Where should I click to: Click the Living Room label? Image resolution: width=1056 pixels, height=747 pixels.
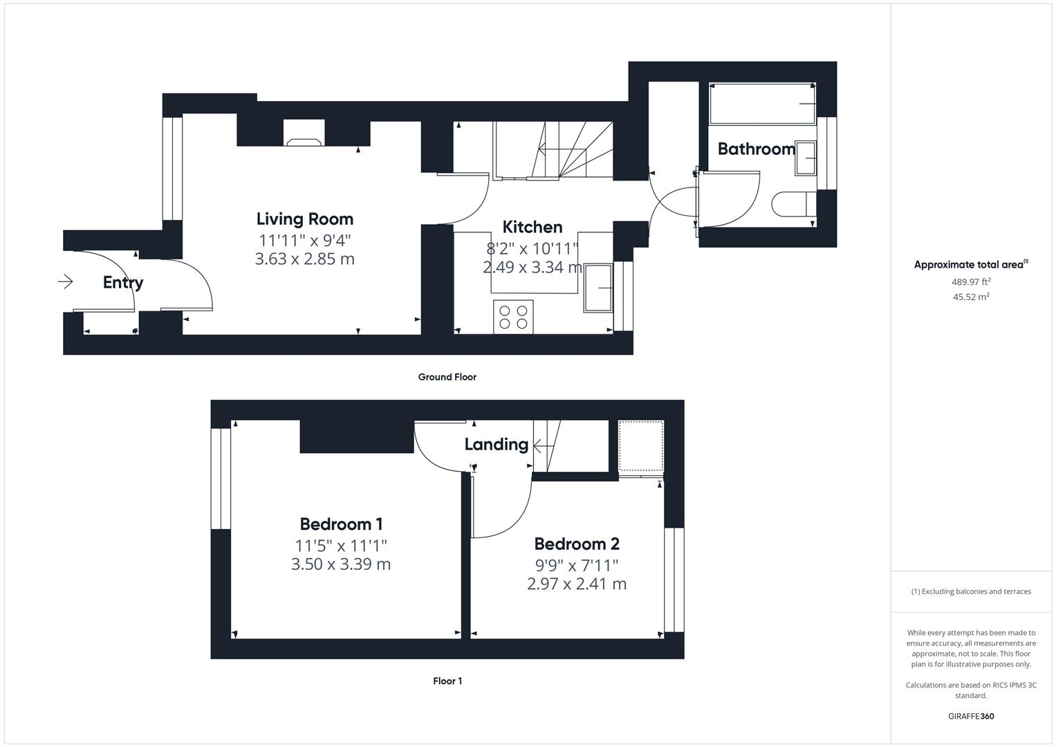304,219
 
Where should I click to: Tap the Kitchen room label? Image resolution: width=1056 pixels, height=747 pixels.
532,228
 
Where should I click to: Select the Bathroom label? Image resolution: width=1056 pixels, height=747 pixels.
756,149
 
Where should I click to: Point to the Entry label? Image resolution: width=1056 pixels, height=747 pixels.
123,282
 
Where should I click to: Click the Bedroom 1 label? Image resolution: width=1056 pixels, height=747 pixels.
341,524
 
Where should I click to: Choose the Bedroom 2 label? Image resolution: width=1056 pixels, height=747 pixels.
577,544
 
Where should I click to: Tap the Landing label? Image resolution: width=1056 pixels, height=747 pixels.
497,444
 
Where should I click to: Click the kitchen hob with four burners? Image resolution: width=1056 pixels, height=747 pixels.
513,317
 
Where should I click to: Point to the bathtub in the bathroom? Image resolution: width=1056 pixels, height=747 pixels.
762,104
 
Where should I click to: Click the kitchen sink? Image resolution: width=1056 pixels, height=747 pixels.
598,288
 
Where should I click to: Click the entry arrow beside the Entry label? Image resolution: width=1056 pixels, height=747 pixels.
66,282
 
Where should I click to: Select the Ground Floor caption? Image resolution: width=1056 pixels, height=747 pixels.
447,377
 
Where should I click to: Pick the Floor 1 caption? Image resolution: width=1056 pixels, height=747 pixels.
447,681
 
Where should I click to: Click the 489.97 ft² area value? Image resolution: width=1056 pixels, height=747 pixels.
971,282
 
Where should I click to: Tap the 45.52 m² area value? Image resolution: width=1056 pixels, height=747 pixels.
971,297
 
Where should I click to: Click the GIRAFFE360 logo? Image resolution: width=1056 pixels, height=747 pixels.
971,716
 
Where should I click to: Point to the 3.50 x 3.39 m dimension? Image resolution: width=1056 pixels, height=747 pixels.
341,564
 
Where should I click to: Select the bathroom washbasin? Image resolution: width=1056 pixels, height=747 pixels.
806,158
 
